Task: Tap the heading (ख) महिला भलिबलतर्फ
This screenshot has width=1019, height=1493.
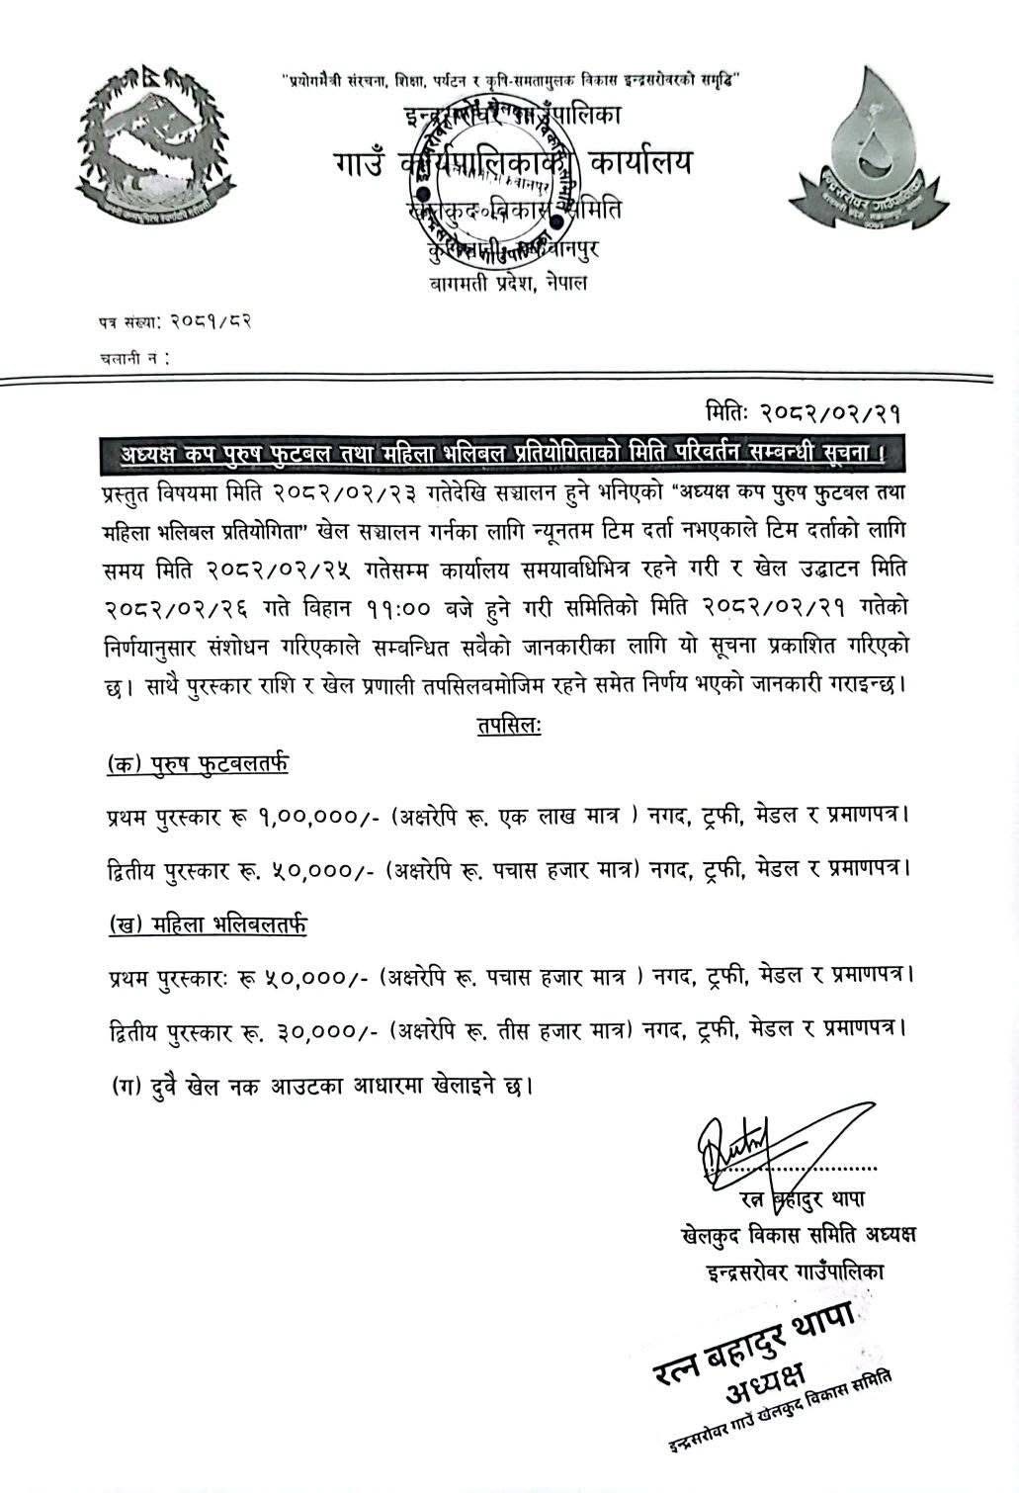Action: (207, 924)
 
